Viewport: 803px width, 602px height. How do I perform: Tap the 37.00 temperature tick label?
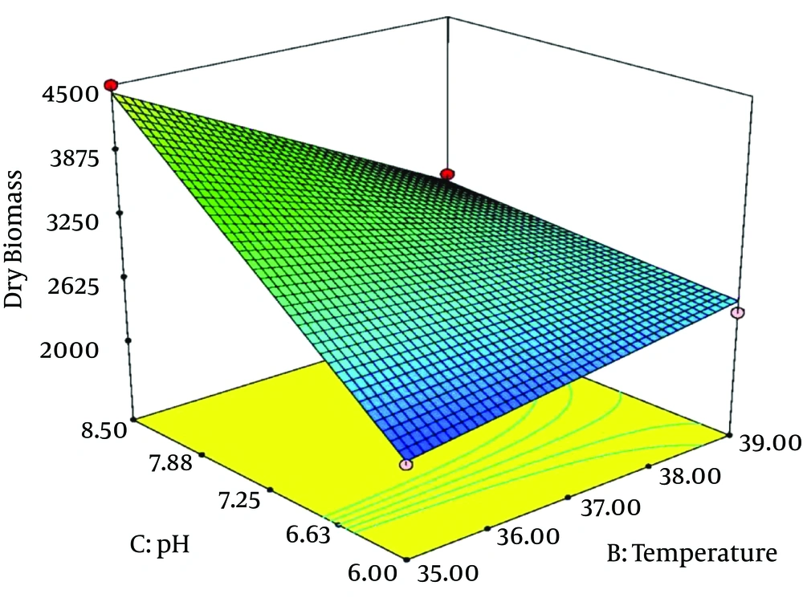coord(609,507)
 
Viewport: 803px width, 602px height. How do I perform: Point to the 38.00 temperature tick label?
coord(688,476)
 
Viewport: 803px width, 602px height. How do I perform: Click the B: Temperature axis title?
coord(692,554)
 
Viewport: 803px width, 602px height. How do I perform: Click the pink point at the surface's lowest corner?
coord(407,464)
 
